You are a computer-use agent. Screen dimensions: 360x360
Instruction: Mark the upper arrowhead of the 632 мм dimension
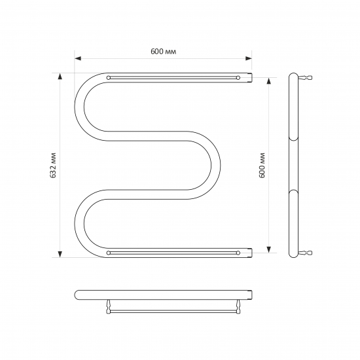click(60, 76)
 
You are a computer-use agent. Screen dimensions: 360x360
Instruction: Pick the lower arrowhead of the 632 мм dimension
click(60, 254)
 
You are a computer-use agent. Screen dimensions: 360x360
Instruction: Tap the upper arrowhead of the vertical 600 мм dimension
click(268, 81)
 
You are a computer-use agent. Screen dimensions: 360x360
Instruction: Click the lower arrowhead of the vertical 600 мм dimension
click(268, 249)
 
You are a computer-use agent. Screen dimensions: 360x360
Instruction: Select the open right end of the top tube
click(249, 78)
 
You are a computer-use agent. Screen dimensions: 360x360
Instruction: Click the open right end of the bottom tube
click(249, 252)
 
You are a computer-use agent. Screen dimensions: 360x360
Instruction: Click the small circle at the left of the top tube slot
click(109, 78)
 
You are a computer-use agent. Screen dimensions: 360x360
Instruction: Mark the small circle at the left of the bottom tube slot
click(109, 252)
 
